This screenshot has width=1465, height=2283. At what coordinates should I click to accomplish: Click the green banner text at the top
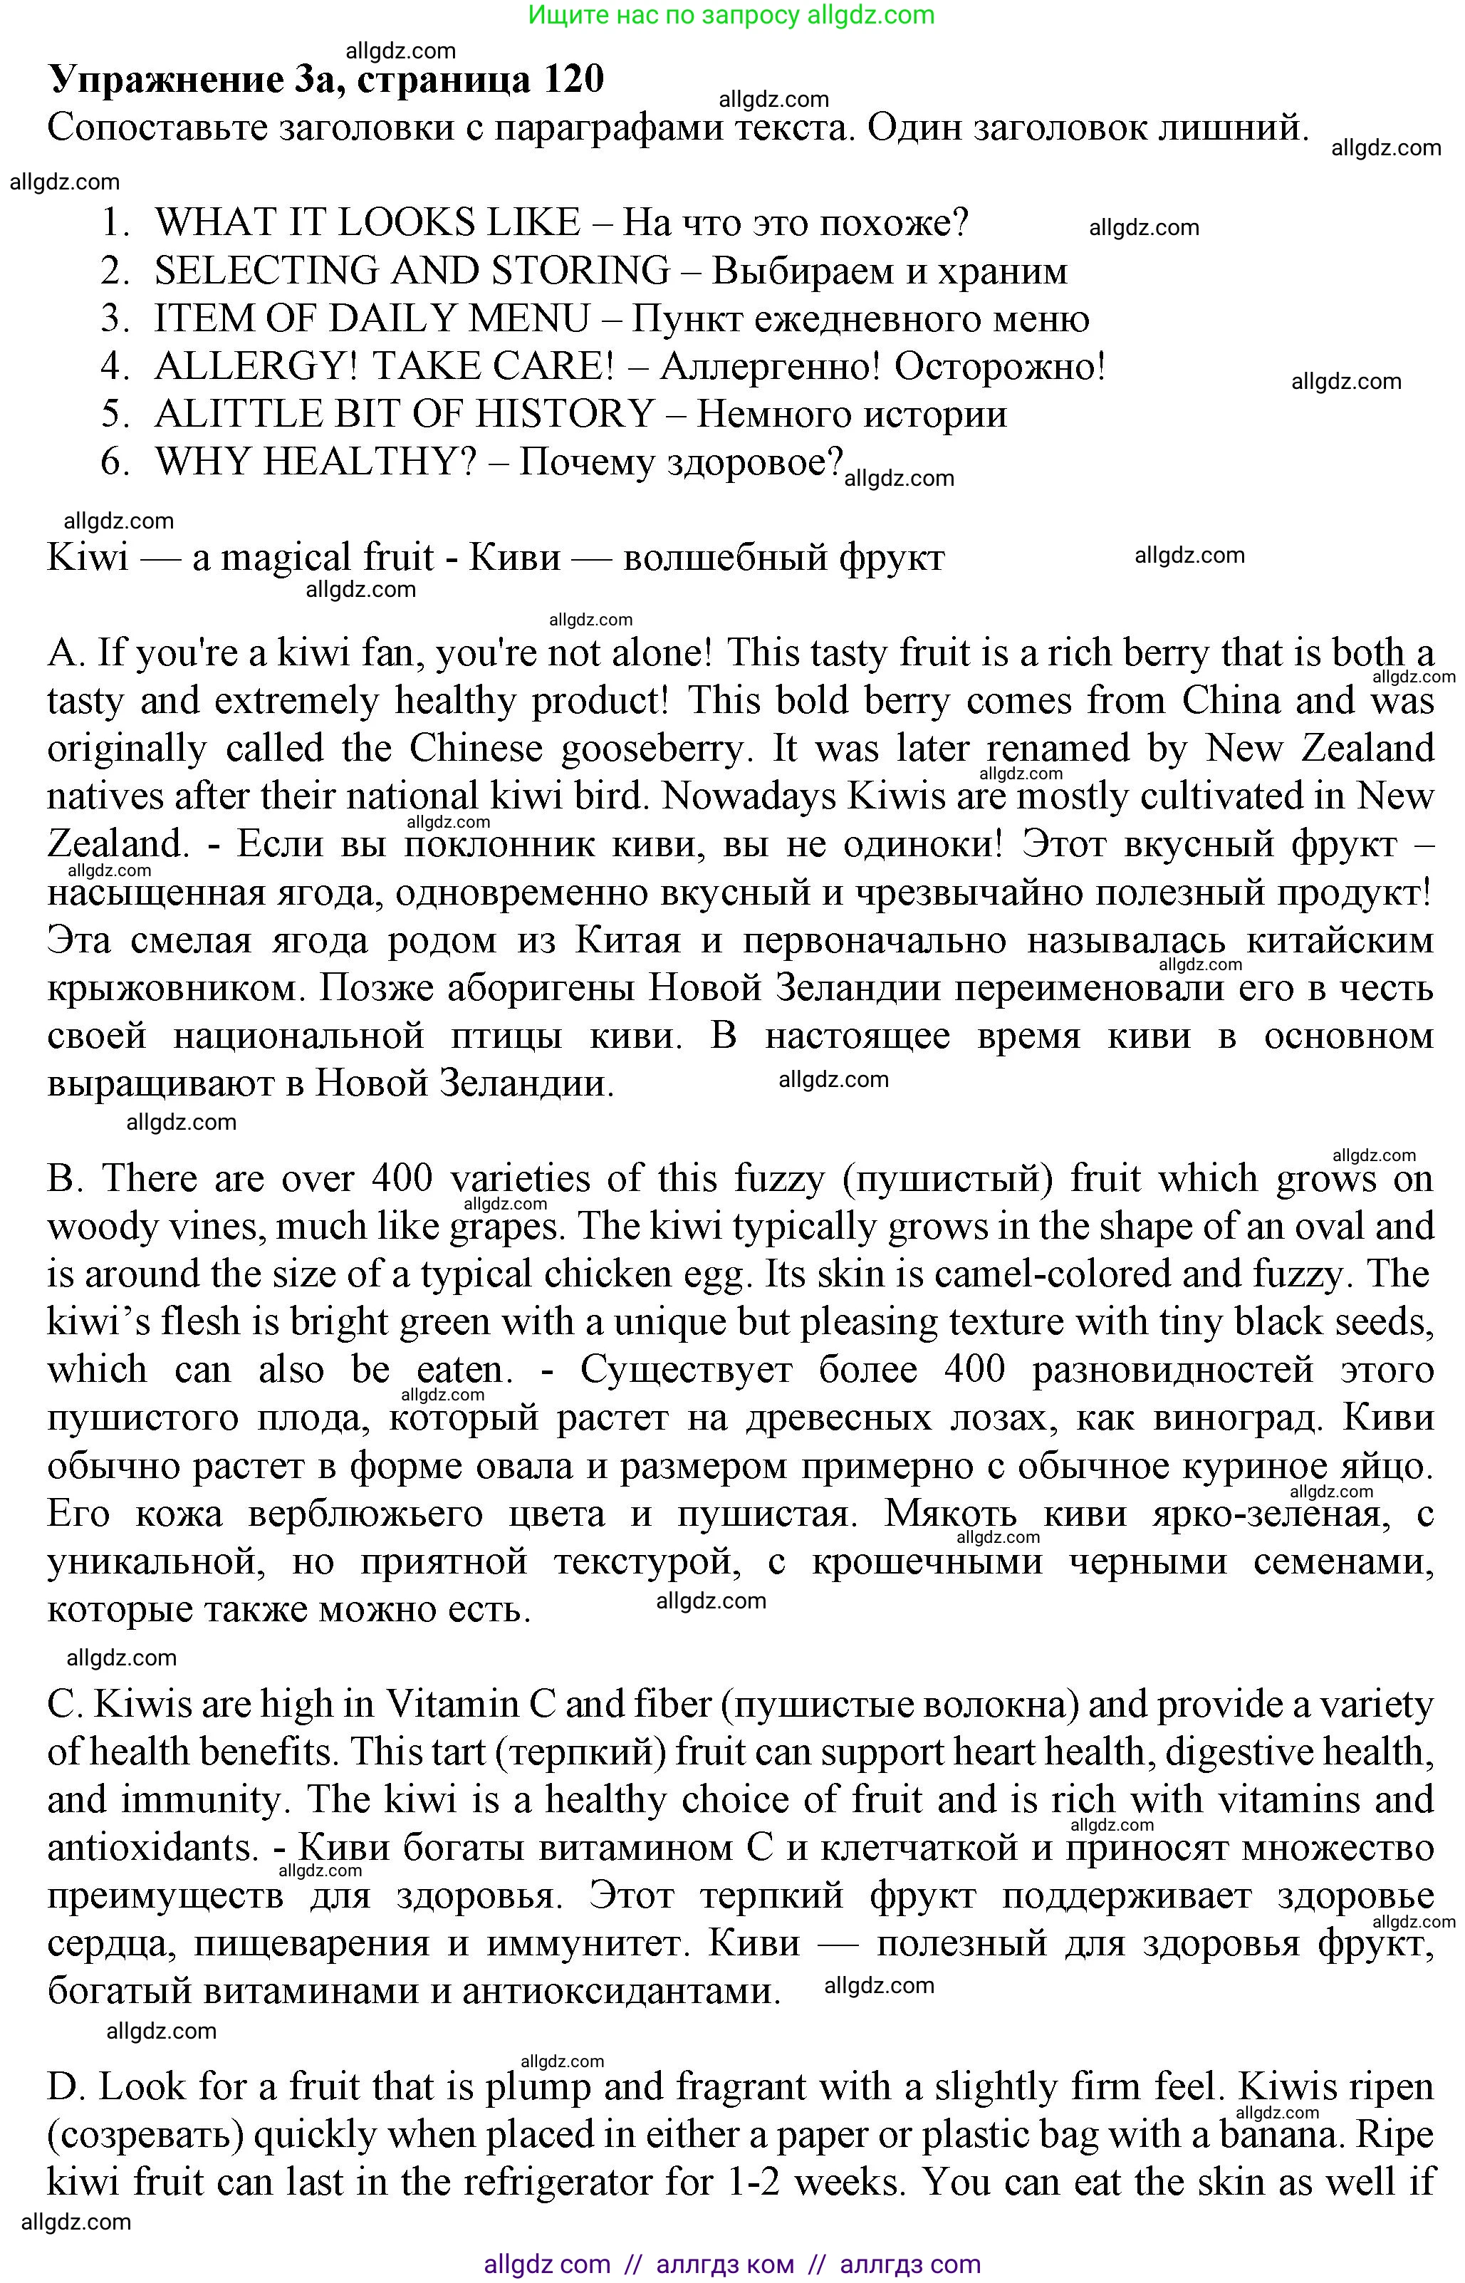pos(731,14)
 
